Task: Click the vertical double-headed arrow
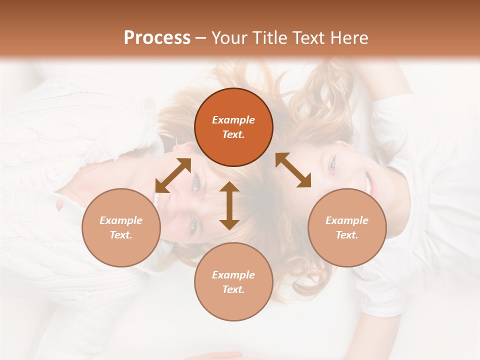point(229,205)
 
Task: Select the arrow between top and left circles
point(173,175)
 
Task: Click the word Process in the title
point(157,37)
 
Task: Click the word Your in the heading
point(228,37)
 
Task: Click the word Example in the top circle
point(233,120)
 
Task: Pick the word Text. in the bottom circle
point(233,289)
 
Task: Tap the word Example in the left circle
point(121,220)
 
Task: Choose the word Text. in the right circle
point(347,235)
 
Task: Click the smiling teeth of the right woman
point(369,184)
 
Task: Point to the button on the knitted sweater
point(52,174)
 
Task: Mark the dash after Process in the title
point(200,38)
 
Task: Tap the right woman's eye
point(332,165)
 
